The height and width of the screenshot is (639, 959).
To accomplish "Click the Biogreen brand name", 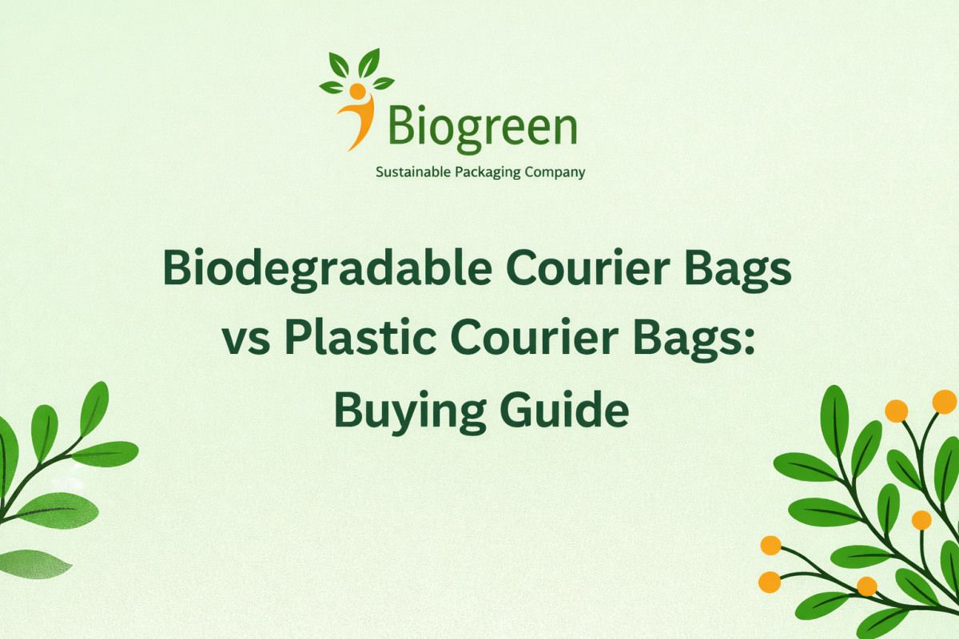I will coord(482,128).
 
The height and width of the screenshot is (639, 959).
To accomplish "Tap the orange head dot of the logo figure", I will coord(356,91).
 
